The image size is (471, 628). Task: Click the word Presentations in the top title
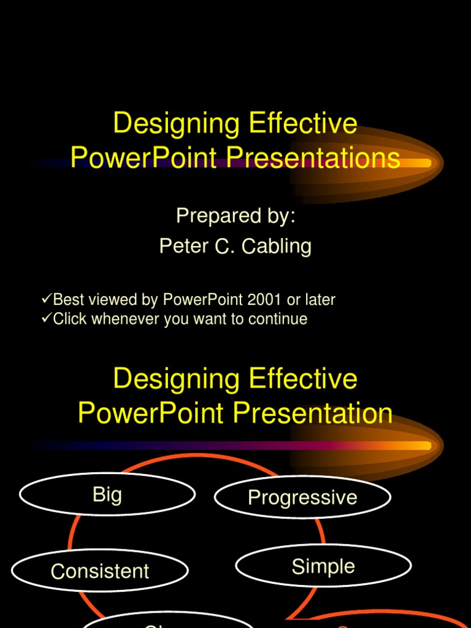point(313,158)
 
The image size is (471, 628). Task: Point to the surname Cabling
point(277,247)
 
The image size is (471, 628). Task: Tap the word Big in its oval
point(107,494)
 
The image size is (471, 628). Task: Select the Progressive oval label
point(302,497)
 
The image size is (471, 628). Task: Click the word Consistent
point(100,572)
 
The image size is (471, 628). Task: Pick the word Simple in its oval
point(323,566)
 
